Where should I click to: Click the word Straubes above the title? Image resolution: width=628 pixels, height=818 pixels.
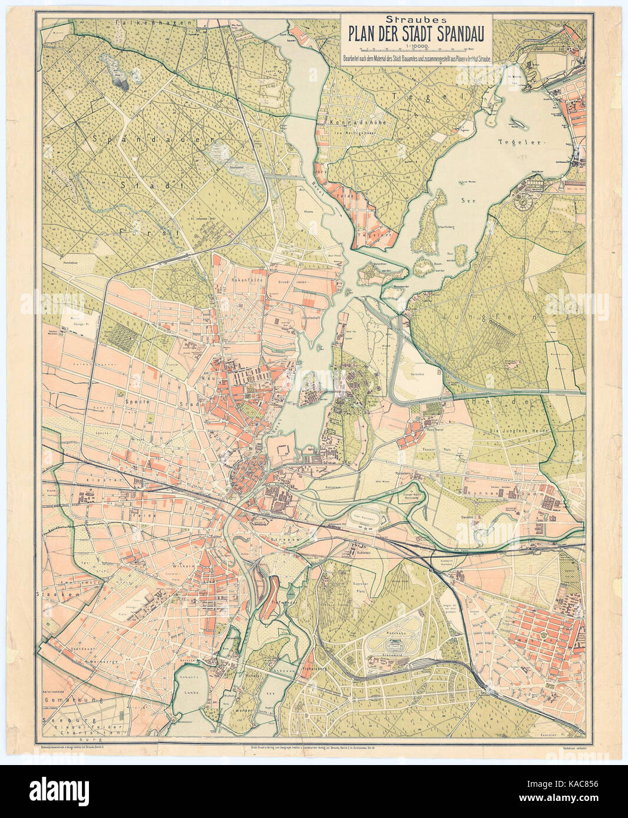pyautogui.click(x=417, y=19)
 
